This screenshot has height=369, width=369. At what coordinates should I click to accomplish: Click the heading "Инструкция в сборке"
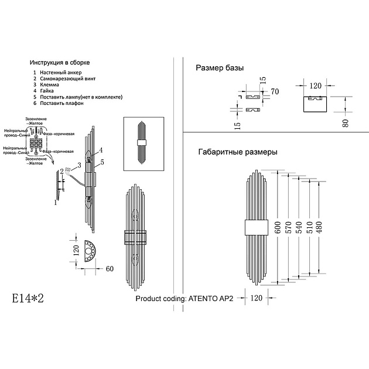[60, 62]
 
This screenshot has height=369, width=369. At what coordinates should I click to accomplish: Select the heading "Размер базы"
[219, 69]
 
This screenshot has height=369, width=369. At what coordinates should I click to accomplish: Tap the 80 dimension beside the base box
[346, 122]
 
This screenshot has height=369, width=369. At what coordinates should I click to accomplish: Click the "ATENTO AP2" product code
[210, 298]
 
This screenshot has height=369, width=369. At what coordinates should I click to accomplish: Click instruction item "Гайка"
[47, 91]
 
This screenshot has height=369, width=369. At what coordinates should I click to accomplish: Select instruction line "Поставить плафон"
[62, 103]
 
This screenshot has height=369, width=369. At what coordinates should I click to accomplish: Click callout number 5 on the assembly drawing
[101, 161]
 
